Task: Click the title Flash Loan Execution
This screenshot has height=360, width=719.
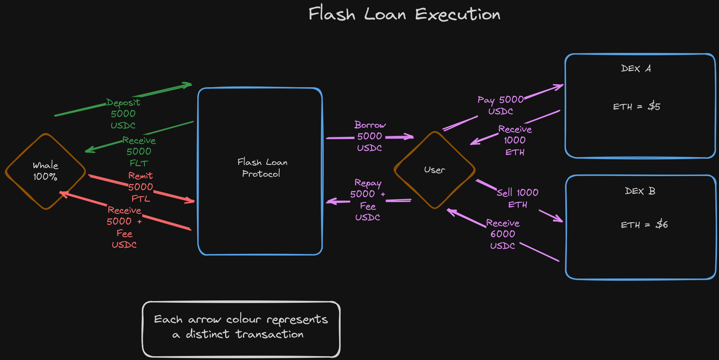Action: (404, 14)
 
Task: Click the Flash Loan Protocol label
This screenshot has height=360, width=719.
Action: (262, 168)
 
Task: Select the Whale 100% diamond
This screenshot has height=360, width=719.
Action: (46, 171)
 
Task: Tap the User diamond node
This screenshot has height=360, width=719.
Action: (435, 170)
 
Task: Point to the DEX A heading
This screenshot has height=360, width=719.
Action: (636, 69)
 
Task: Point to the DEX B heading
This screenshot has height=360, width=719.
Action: (640, 191)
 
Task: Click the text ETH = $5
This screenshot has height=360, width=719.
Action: (636, 106)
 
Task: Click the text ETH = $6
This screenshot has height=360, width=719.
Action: (644, 225)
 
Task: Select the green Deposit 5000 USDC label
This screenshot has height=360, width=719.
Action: (123, 114)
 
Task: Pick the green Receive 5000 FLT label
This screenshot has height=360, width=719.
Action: (139, 151)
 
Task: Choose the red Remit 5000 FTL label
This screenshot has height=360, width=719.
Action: (140, 187)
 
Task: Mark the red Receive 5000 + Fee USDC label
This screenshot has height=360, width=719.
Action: (124, 227)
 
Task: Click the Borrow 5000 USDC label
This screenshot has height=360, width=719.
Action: (370, 136)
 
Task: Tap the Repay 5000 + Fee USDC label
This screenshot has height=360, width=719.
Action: (368, 200)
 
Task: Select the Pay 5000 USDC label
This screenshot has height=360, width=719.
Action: (500, 105)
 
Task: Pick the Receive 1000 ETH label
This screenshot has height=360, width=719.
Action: (515, 140)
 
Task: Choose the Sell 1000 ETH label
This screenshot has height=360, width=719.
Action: (517, 198)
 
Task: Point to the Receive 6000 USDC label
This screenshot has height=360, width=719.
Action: (503, 234)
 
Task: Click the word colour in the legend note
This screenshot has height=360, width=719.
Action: (244, 319)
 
